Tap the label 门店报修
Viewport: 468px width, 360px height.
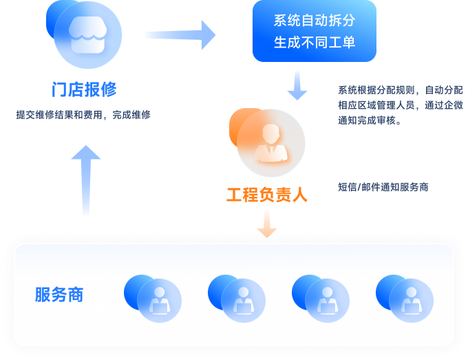click(x=84, y=89)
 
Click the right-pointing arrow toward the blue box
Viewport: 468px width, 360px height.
click(x=180, y=34)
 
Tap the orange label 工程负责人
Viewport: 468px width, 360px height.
click(x=267, y=195)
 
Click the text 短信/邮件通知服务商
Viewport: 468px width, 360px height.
click(x=383, y=187)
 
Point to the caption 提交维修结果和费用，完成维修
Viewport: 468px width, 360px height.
click(x=83, y=116)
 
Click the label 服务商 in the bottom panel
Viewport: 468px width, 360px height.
click(x=59, y=295)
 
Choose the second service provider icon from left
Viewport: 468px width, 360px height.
click(x=237, y=298)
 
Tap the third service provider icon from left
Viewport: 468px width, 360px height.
click(x=321, y=298)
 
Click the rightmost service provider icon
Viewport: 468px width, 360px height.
click(x=405, y=298)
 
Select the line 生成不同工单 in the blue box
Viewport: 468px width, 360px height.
click(x=315, y=42)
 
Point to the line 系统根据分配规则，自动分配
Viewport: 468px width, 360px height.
click(x=401, y=90)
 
